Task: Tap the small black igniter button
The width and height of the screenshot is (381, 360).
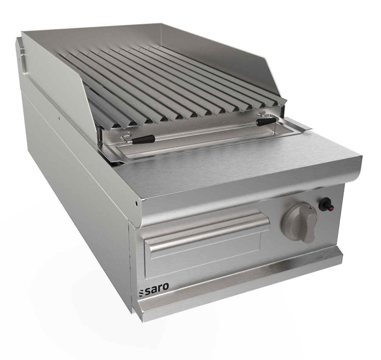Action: [324, 205]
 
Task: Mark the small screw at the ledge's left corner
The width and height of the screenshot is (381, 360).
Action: [136, 204]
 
